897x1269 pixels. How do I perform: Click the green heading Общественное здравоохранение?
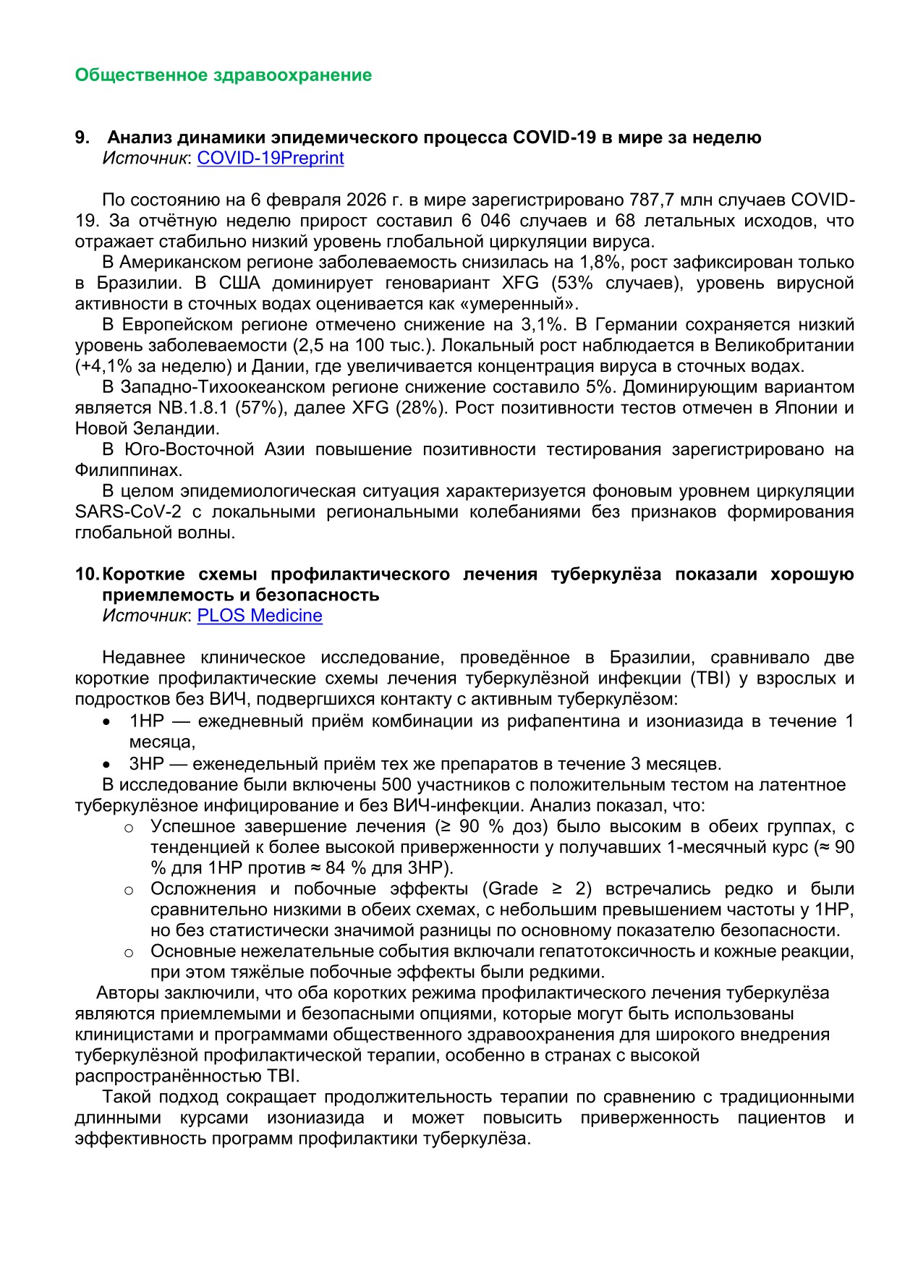(223, 75)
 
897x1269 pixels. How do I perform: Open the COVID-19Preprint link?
(271, 158)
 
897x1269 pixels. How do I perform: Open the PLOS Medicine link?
(260, 616)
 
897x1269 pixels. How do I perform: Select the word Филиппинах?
(126, 470)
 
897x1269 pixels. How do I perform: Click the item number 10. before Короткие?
(87, 574)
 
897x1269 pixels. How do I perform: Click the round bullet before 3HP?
(106, 764)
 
